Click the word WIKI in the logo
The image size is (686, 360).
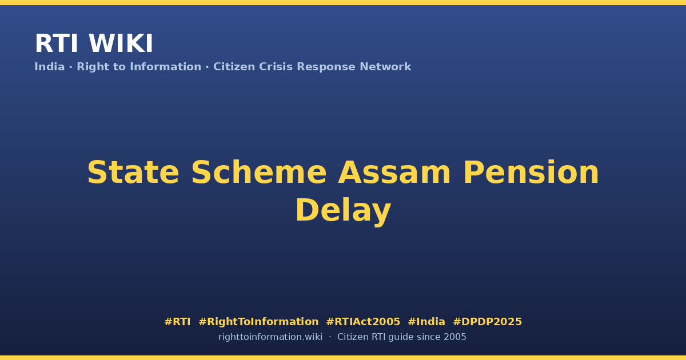pyautogui.click(x=121, y=43)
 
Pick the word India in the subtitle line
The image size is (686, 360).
pyautogui.click(x=50, y=67)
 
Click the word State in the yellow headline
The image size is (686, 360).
pyautogui.click(x=133, y=173)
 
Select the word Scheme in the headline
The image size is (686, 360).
pyautogui.click(x=259, y=173)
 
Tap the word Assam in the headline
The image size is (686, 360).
pyautogui.click(x=394, y=173)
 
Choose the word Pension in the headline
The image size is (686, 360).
pyautogui.click(x=531, y=173)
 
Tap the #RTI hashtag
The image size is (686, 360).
pyautogui.click(x=177, y=322)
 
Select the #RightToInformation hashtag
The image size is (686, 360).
pyautogui.click(x=258, y=322)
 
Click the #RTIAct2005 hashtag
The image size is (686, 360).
pyautogui.click(x=363, y=322)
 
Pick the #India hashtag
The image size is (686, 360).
pyautogui.click(x=426, y=322)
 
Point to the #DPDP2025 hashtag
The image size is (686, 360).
pyautogui.click(x=487, y=322)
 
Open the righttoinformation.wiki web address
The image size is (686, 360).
pyautogui.click(x=270, y=337)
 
